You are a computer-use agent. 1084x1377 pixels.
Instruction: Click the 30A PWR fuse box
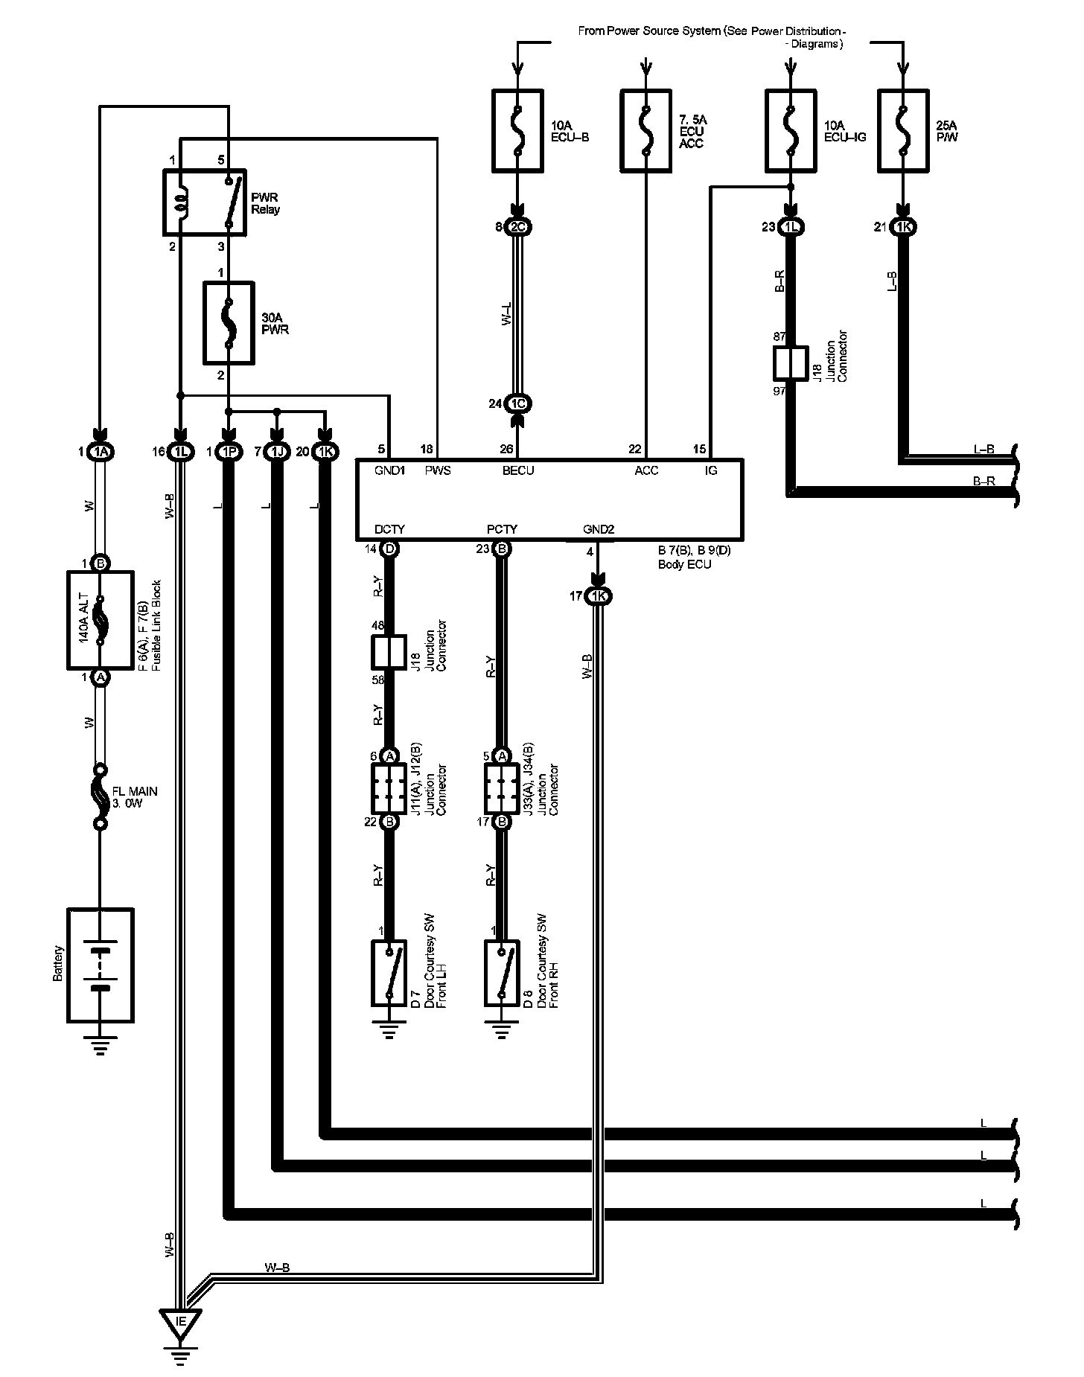pos(229,323)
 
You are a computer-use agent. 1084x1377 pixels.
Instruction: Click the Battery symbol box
pos(101,965)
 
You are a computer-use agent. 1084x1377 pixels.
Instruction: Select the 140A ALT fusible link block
pos(101,620)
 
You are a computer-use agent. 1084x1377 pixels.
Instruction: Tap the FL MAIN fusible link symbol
pos(100,797)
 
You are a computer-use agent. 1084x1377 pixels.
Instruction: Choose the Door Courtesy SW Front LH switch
pos(388,973)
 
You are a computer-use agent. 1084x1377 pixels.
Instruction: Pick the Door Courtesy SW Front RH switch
pos(501,973)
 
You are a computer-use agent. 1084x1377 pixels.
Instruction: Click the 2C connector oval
pos(518,227)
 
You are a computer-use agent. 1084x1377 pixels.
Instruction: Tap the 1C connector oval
pos(518,403)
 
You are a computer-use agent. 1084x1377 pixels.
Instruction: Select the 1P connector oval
pos(228,452)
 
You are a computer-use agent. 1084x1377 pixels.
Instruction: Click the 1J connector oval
pos(276,452)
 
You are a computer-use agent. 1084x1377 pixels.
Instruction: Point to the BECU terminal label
pos(518,470)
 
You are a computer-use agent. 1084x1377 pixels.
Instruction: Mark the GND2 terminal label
pos(599,530)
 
